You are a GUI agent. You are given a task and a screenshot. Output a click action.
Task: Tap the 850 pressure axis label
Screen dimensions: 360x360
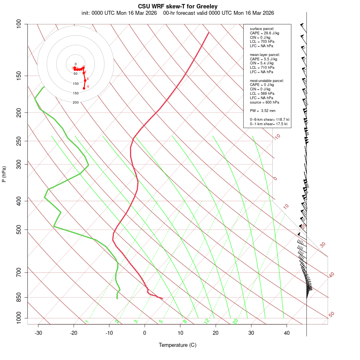19,298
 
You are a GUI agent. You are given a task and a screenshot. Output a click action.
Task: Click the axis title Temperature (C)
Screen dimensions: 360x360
178,345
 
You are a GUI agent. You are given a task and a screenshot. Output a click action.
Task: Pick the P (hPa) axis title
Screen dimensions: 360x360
4,174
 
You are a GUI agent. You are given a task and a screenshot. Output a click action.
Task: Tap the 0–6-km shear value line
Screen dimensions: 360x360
270,120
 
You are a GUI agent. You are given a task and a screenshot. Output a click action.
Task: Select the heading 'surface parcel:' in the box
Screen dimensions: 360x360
262,29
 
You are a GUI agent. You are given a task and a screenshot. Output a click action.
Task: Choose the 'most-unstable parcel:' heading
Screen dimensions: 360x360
267,81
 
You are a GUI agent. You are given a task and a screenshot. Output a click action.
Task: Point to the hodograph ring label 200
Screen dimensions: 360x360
76,102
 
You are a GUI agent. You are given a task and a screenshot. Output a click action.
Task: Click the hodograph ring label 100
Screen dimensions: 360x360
76,84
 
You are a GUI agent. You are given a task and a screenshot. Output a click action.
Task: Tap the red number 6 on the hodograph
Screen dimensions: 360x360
88,87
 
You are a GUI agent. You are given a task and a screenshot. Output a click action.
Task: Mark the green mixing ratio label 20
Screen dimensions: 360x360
235,321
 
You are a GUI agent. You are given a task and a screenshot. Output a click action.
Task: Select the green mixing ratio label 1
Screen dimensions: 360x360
86,321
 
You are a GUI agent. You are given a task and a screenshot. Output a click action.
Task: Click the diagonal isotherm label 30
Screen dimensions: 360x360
323,244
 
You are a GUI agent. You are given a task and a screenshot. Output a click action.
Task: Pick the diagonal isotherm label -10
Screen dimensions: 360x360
277,137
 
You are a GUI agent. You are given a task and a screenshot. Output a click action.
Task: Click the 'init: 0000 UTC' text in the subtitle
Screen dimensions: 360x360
98,13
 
